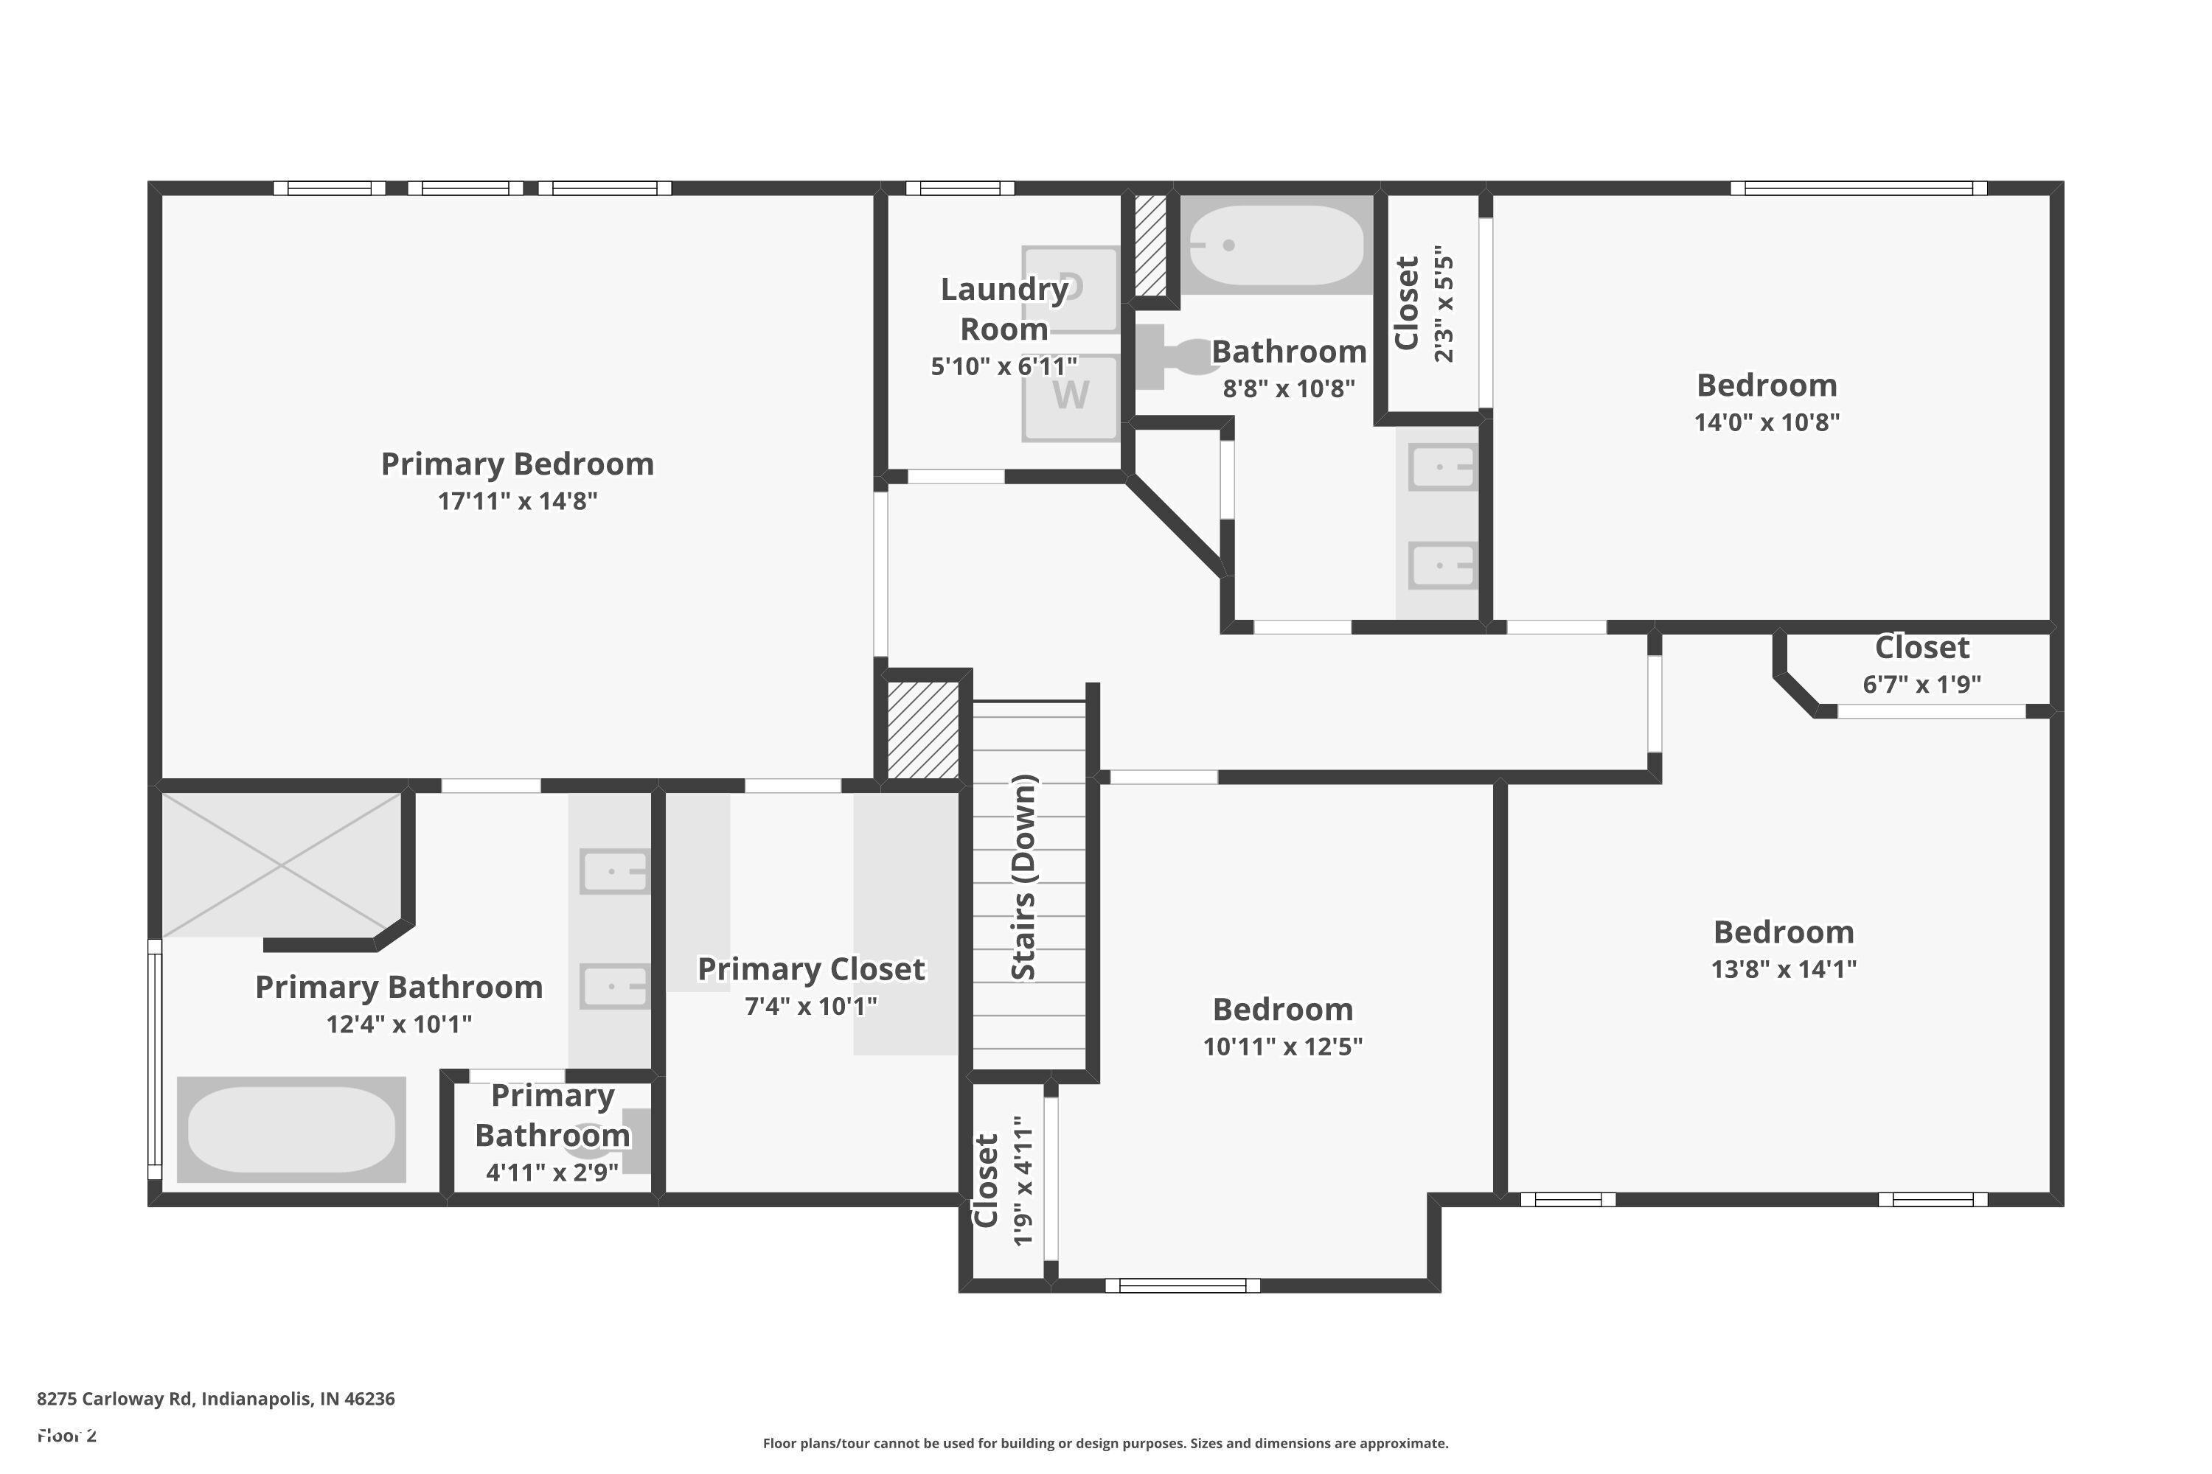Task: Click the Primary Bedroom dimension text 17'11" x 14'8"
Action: [518, 501]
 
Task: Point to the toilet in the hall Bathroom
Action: [1175, 357]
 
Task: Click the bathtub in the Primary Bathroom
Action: [291, 1129]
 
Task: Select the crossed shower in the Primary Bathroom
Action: [281, 865]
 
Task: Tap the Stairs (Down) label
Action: [1024, 877]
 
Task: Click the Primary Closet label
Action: [810, 969]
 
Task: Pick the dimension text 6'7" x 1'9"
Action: [1921, 685]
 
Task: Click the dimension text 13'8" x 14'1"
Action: [1783, 969]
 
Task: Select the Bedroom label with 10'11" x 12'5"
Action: [1283, 1010]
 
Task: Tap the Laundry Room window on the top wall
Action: [959, 188]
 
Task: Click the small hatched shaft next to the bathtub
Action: [1150, 245]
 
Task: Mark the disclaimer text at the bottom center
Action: [1105, 1443]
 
